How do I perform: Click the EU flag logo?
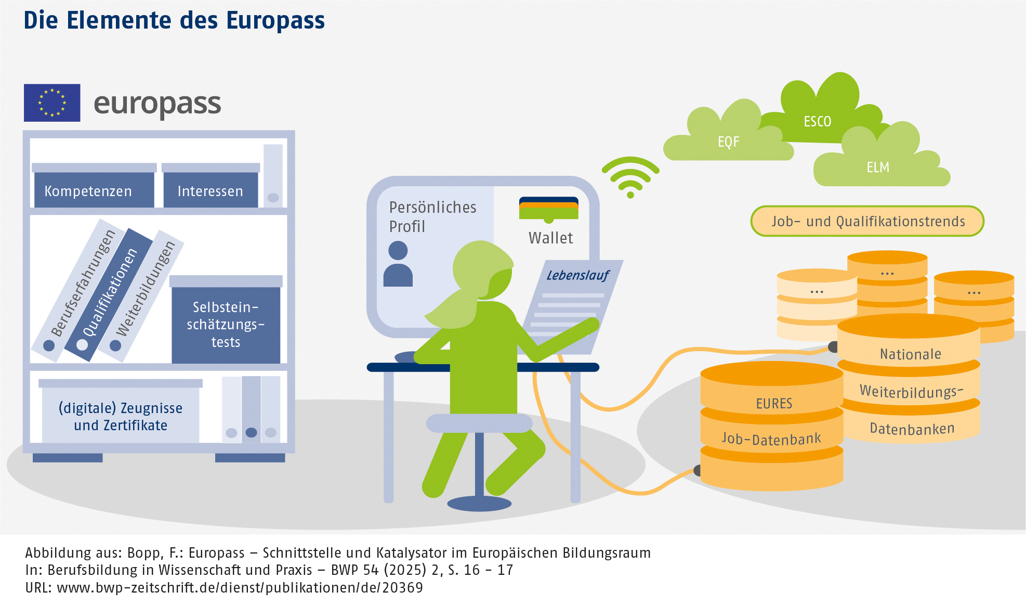click(52, 102)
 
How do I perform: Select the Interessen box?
click(211, 190)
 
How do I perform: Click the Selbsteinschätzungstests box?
click(226, 324)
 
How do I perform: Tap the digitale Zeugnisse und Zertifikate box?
click(121, 416)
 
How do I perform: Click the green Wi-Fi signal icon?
click(630, 177)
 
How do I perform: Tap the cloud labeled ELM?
click(878, 166)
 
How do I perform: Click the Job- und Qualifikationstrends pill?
click(867, 221)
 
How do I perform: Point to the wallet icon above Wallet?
click(548, 209)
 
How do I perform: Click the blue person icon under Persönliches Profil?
click(398, 264)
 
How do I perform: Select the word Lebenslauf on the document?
click(577, 275)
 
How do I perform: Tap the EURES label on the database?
click(774, 403)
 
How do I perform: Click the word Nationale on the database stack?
click(910, 354)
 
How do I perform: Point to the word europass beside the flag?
click(157, 104)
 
